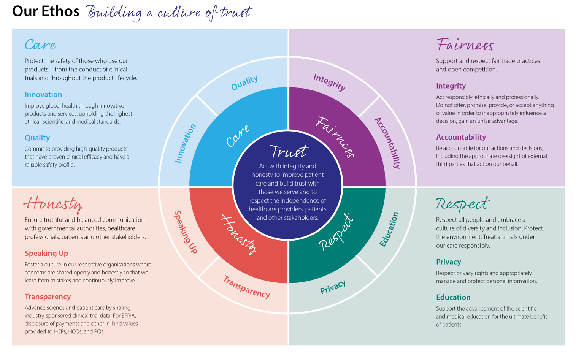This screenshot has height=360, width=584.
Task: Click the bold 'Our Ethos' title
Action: (x=46, y=11)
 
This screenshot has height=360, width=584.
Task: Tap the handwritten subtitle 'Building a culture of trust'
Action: (x=169, y=13)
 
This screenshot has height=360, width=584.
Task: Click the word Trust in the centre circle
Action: (x=288, y=152)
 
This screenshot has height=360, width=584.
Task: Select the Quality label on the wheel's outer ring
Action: (x=244, y=83)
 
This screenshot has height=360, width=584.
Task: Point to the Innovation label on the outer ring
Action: (x=185, y=143)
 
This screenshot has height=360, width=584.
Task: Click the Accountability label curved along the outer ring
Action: (x=388, y=143)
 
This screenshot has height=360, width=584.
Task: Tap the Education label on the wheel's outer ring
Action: (x=389, y=229)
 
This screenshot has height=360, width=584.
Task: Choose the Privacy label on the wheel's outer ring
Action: (x=333, y=287)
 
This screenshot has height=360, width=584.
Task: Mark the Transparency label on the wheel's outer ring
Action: (x=246, y=287)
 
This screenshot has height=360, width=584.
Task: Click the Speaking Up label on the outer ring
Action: (x=186, y=232)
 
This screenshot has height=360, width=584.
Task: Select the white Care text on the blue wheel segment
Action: (x=238, y=136)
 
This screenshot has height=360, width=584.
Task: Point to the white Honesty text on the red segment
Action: (x=239, y=234)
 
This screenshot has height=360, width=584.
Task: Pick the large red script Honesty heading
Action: (x=53, y=204)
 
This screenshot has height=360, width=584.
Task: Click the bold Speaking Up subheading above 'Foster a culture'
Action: (x=46, y=253)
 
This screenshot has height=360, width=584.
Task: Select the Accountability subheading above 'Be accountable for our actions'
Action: (x=461, y=137)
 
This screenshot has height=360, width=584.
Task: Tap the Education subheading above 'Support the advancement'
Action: (x=453, y=297)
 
